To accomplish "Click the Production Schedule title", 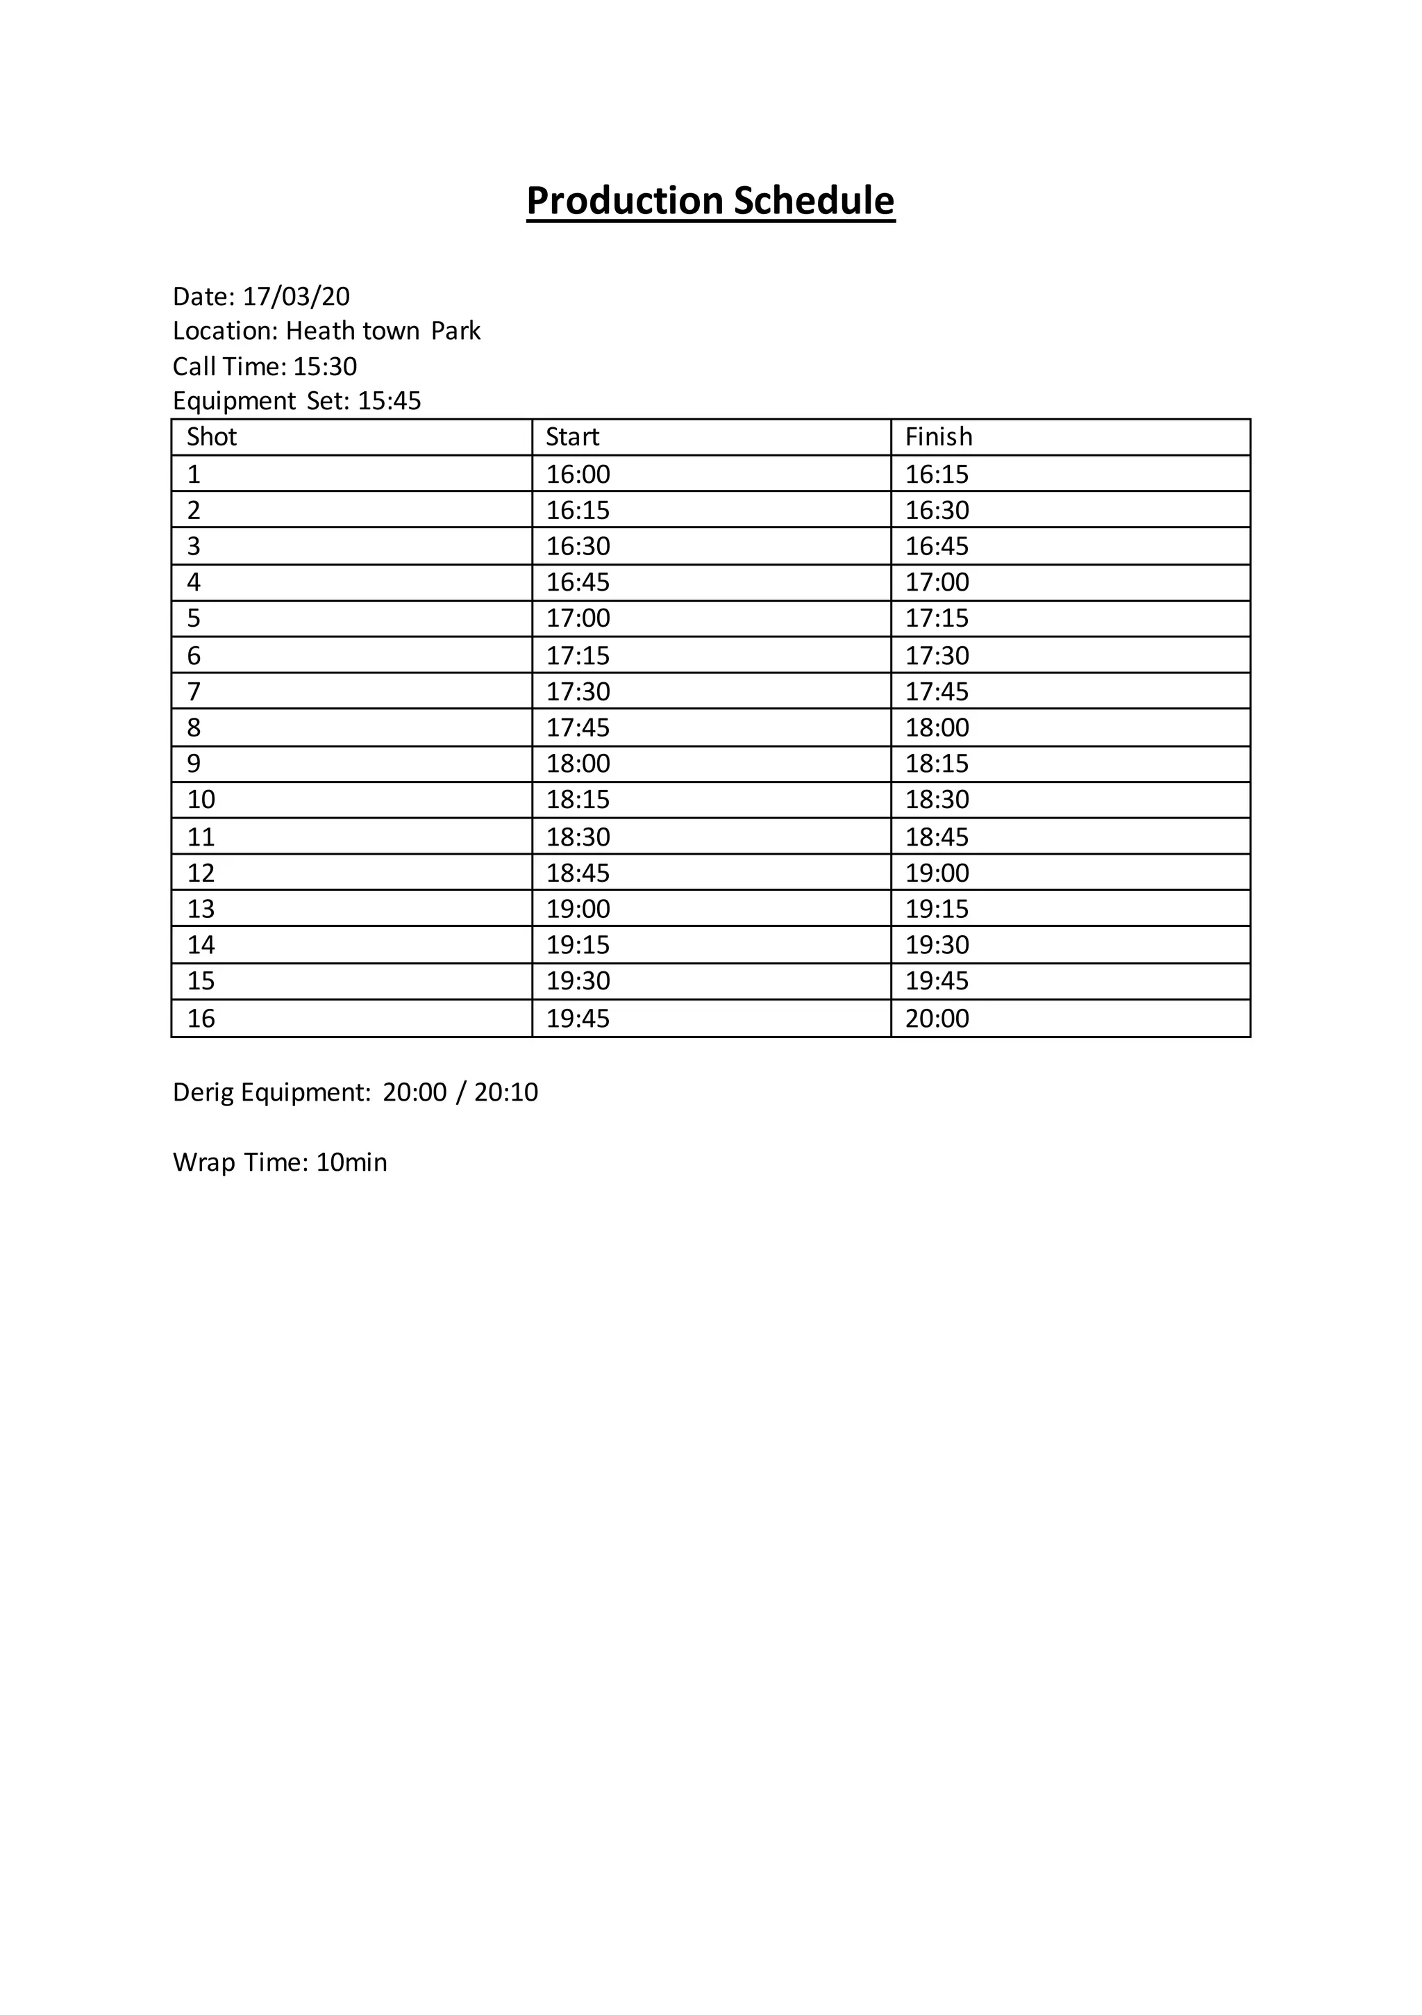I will coord(710,201).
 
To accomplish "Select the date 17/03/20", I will coord(296,297).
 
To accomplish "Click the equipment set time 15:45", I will coord(390,401).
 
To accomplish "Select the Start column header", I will coord(572,437).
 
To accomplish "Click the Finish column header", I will coord(938,437).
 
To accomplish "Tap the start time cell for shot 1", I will coord(578,475).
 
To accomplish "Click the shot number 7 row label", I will coord(194,691).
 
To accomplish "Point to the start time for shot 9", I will coord(578,764).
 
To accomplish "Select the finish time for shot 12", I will coord(937,873).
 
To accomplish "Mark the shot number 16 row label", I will coord(201,1019).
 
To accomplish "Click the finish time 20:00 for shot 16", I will coord(937,1019).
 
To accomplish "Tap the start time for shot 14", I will coord(578,945).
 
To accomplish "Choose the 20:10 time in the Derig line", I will coord(505,1093).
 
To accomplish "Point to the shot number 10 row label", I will coord(201,800).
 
